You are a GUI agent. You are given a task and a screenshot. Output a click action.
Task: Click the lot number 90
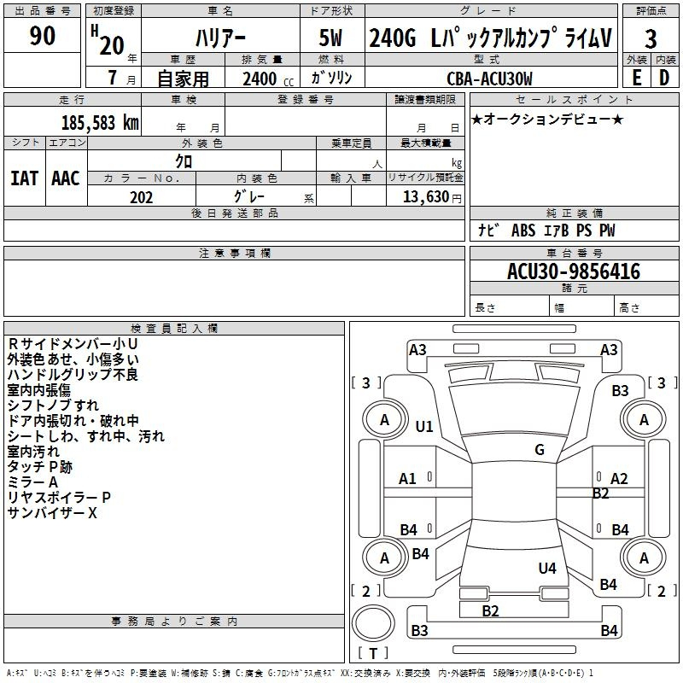(42, 36)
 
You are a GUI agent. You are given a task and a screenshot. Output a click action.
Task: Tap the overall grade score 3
(651, 39)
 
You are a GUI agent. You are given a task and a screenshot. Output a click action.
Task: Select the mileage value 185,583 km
(100, 123)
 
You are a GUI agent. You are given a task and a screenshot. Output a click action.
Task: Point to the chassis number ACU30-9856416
(574, 271)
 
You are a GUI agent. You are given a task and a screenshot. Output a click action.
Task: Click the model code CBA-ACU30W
(489, 79)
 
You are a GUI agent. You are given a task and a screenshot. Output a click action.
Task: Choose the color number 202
(141, 197)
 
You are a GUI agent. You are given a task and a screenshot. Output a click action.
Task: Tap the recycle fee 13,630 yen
(432, 197)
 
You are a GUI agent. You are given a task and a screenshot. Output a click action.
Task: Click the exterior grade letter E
(636, 78)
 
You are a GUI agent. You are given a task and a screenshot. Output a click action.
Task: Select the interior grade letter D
(664, 78)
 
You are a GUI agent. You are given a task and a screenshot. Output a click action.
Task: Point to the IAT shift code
(25, 178)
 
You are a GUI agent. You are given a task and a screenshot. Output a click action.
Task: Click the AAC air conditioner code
(66, 178)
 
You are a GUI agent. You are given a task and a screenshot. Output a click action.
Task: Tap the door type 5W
(330, 38)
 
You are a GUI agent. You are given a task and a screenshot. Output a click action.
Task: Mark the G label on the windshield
(540, 449)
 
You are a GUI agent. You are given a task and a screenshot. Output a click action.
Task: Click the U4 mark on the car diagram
(547, 568)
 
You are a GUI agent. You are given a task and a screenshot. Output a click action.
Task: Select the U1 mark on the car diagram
(423, 426)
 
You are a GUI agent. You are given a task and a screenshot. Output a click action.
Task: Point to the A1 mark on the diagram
(407, 479)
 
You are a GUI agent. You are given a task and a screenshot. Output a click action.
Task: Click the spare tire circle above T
(373, 623)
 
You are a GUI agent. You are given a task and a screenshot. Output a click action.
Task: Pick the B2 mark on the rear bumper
(490, 611)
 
